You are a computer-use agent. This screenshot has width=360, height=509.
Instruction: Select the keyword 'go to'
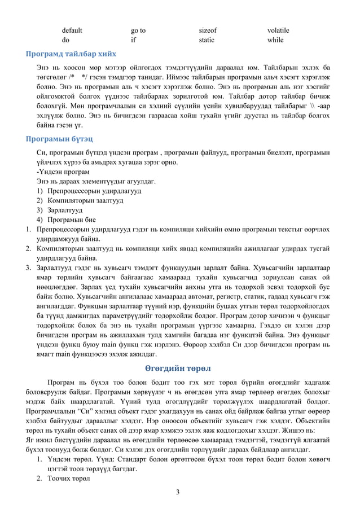pyautogui.click(x=138, y=30)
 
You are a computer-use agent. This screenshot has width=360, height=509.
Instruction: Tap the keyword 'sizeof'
pyautogui.click(x=208, y=30)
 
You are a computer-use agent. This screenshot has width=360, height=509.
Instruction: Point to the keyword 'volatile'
pyautogui.click(x=278, y=30)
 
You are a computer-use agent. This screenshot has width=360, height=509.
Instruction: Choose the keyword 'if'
pyautogui.click(x=133, y=41)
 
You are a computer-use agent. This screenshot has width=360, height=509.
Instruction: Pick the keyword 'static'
pyautogui.click(x=207, y=41)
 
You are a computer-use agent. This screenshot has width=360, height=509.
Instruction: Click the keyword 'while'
pyautogui.click(x=275, y=41)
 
